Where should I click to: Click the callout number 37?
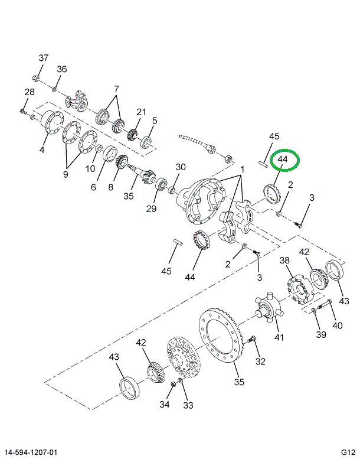coord(43,58)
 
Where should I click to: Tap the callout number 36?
coord(61,69)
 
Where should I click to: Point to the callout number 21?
coord(141,112)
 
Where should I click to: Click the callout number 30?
coord(181,167)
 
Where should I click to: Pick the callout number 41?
coord(279,338)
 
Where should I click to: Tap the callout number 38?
coord(284,261)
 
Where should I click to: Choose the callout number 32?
coord(260,360)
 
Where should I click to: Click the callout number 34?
coord(165,405)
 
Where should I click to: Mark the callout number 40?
coord(337,324)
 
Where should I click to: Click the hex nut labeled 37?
coord(37,77)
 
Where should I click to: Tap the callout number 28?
coord(30,92)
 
